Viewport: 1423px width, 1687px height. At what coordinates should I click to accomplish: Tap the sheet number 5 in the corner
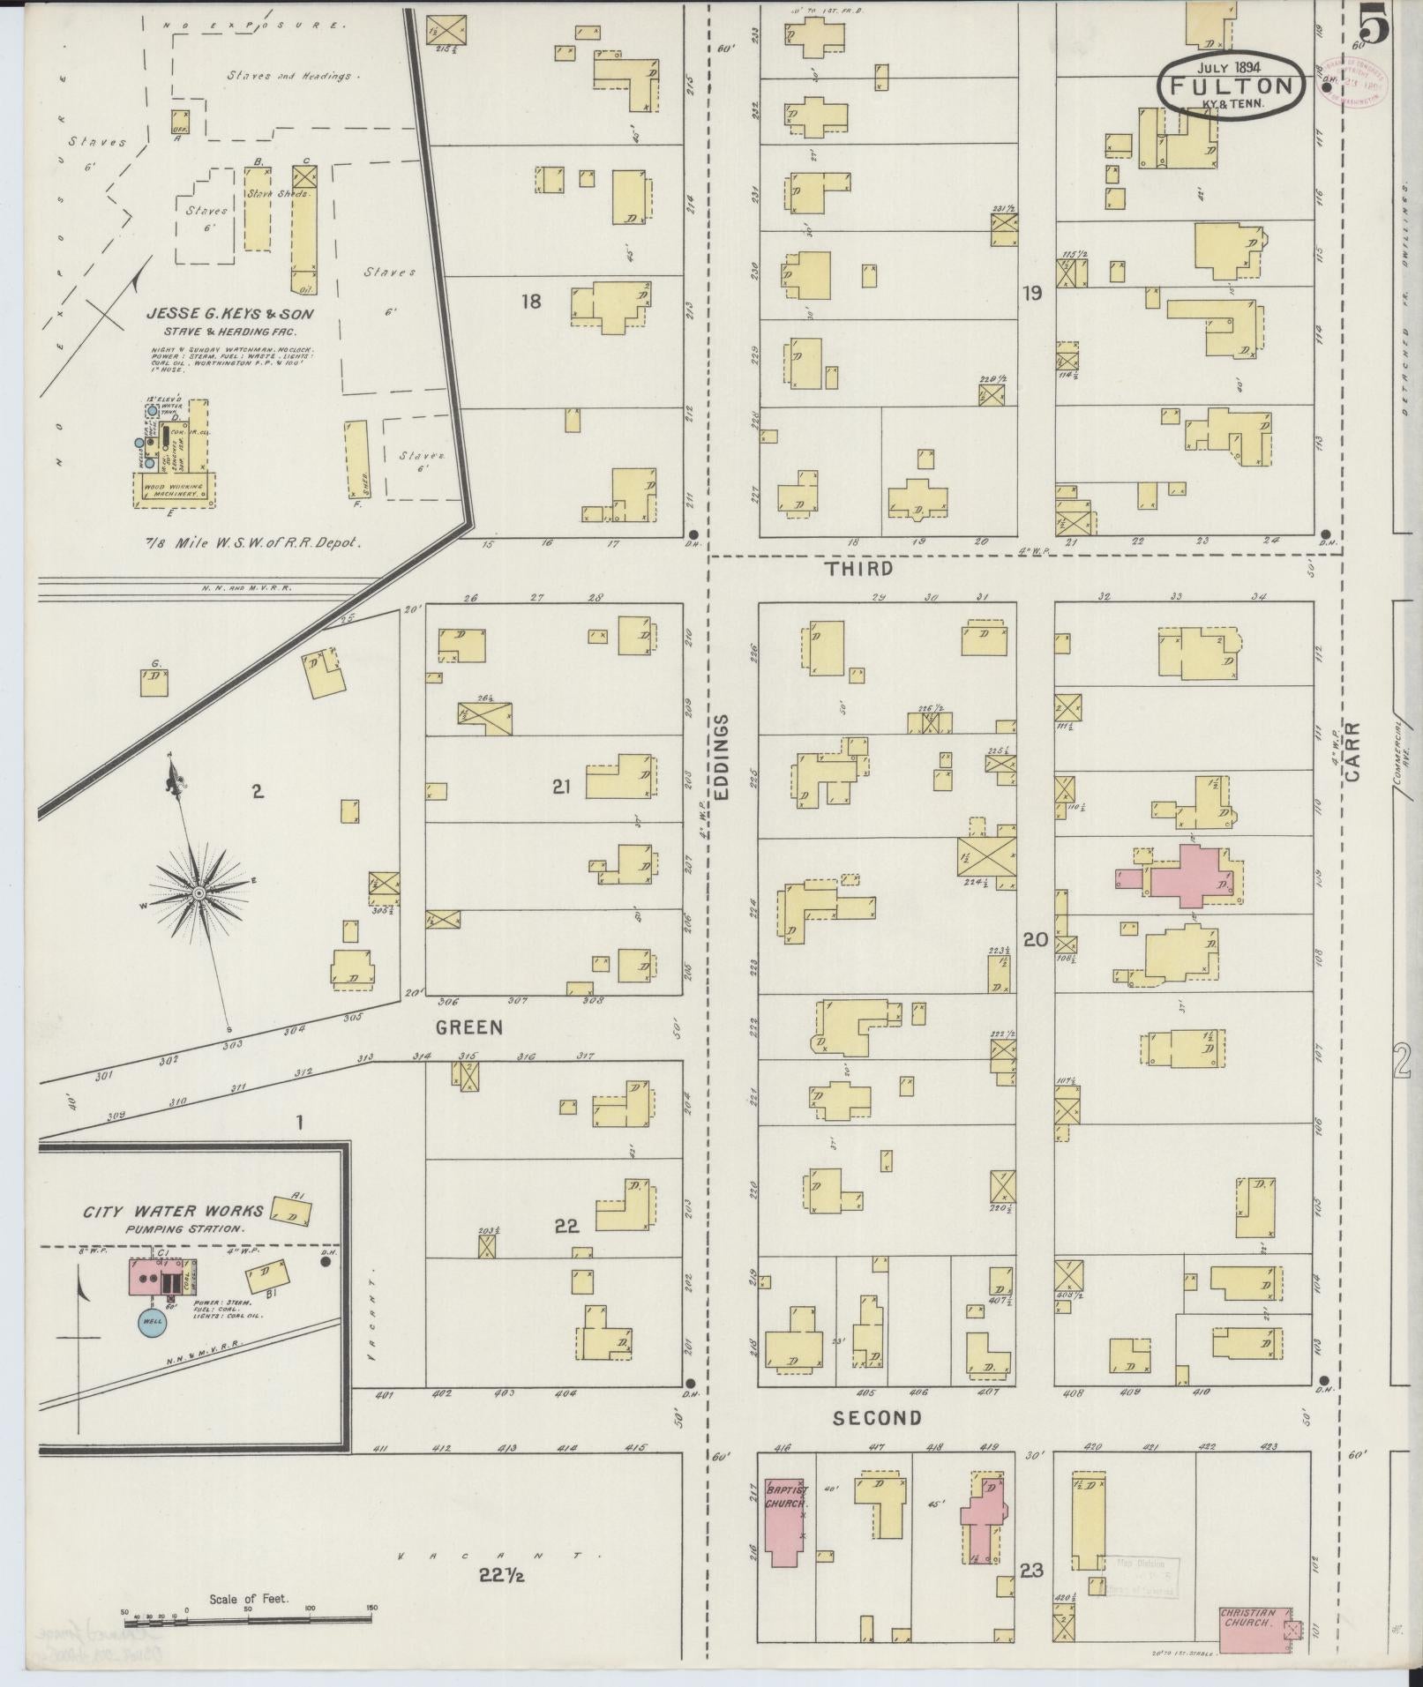(x=1374, y=24)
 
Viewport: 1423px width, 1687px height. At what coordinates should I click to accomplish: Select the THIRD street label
(x=859, y=569)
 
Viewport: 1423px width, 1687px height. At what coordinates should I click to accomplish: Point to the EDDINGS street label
(x=723, y=757)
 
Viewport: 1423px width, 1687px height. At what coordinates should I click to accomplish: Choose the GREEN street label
(x=468, y=1027)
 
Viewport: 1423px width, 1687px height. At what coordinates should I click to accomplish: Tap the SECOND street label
(x=878, y=1418)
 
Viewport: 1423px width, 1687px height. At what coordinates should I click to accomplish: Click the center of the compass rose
(x=199, y=893)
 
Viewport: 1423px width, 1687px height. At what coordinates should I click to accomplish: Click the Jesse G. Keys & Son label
(x=230, y=313)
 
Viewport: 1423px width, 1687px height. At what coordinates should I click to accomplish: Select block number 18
(x=530, y=302)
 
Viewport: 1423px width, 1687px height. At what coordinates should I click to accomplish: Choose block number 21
(x=562, y=788)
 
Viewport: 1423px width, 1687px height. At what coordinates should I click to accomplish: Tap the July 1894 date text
(x=1228, y=66)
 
